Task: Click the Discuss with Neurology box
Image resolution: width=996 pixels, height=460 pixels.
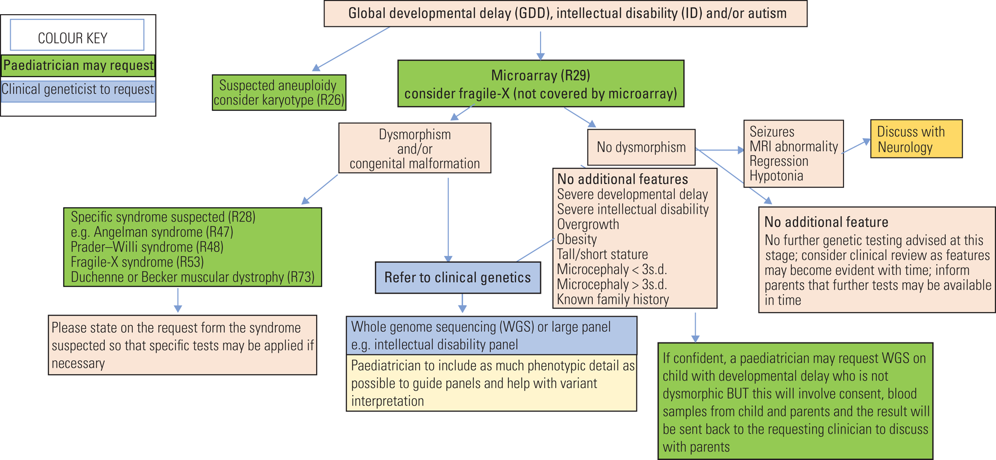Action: (916, 139)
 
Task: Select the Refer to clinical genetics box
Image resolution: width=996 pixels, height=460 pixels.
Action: (457, 278)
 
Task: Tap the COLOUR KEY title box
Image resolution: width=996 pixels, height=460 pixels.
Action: (77, 35)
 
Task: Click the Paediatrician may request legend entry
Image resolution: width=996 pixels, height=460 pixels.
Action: (78, 66)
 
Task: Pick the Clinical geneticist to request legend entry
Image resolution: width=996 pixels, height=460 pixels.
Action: (78, 90)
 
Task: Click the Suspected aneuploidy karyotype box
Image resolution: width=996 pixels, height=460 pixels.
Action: (279, 93)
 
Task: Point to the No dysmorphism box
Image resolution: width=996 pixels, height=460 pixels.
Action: (641, 147)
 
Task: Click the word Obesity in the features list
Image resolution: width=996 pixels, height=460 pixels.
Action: (577, 239)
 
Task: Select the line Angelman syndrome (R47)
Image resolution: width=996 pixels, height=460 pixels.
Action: (152, 232)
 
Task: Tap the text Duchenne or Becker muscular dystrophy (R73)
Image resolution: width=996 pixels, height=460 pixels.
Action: (193, 277)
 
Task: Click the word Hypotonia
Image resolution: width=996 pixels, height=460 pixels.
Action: (776, 176)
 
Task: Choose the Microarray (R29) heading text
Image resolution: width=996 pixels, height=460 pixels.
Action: (541, 75)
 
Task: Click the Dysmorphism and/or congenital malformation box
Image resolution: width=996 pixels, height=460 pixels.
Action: (414, 148)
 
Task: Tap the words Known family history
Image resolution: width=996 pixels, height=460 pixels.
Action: (613, 299)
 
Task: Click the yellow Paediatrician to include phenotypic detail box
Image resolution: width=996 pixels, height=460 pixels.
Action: (491, 383)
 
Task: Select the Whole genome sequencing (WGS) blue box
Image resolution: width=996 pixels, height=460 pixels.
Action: (491, 335)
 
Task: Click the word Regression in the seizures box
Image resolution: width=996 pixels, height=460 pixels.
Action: (779, 162)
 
